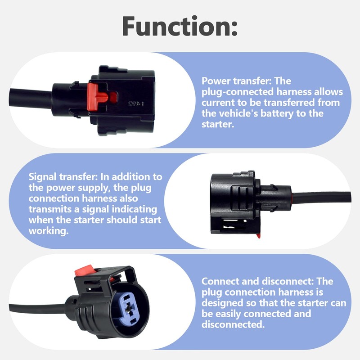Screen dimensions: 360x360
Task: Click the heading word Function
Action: click(x=180, y=26)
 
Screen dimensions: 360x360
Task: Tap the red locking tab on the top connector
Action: click(x=98, y=96)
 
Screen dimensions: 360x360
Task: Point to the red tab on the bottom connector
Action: click(x=85, y=270)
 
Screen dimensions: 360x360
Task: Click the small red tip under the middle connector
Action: click(x=258, y=235)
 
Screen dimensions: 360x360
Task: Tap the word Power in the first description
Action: click(x=216, y=81)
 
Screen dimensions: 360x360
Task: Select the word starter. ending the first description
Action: click(x=218, y=124)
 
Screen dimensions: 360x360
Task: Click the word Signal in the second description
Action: click(x=42, y=177)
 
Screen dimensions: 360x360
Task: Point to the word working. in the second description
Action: click(x=49, y=231)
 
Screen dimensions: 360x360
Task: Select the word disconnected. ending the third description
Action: click(x=233, y=324)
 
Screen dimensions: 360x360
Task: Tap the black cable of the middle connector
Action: click(x=321, y=198)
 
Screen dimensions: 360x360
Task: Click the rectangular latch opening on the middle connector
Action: click(x=234, y=224)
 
